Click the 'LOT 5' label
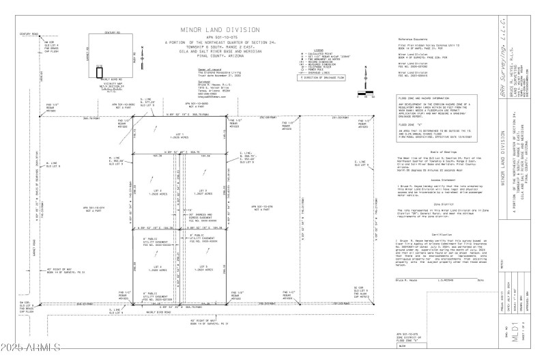[x=202, y=266]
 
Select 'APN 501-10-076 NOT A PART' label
[x=263, y=208]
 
